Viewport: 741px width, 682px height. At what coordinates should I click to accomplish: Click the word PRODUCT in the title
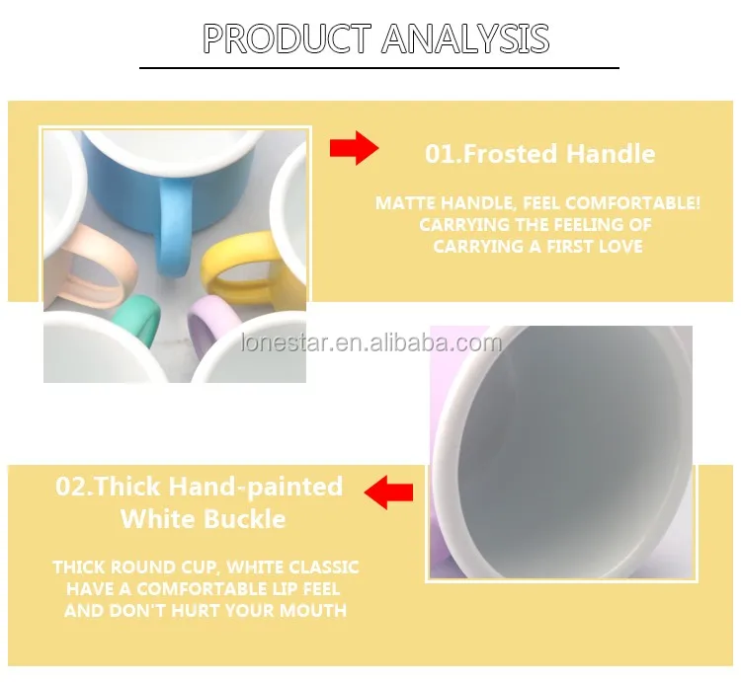tap(287, 38)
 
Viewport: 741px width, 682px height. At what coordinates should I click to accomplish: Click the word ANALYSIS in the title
tap(465, 38)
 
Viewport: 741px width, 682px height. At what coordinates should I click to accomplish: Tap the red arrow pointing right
tap(355, 148)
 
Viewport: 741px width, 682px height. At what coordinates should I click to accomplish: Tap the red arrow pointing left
tap(388, 493)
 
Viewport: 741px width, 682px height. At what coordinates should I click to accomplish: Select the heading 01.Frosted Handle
tap(539, 154)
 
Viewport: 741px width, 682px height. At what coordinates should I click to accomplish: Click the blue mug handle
tap(173, 227)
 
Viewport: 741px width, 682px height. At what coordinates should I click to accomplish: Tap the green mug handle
tap(138, 317)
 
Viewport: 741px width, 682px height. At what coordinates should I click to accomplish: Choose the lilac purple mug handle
tap(208, 320)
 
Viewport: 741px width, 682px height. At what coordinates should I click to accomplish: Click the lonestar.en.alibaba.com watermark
tap(370, 342)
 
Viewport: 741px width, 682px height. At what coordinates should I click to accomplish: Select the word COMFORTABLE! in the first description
tap(632, 203)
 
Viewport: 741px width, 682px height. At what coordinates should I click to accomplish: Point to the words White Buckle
tap(204, 519)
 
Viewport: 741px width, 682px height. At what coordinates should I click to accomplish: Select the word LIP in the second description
tap(286, 588)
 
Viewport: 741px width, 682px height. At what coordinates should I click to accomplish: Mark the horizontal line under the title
tap(379, 68)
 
